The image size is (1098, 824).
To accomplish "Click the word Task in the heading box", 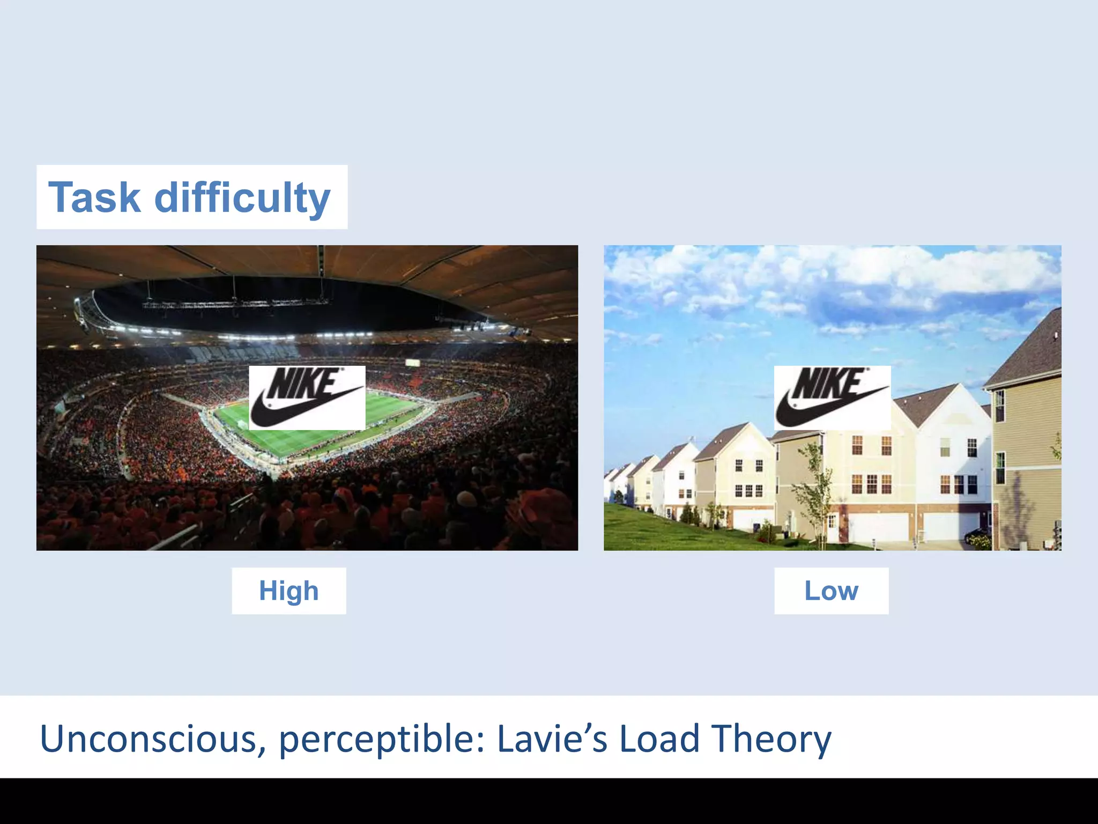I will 94,197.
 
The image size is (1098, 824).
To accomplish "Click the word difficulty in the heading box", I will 242,197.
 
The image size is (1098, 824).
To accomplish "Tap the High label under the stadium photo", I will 288,591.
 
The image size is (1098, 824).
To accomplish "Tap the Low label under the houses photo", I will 831,591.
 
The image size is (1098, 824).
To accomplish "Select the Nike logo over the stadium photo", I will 307,398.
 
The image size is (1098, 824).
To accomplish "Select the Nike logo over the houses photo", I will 832,398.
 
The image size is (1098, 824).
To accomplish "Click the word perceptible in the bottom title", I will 382,739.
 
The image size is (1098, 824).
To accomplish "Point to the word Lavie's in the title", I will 552,739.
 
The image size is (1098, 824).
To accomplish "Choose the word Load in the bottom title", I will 659,739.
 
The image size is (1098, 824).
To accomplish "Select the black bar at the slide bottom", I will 549,801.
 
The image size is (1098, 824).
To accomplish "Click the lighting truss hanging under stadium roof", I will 236,304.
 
